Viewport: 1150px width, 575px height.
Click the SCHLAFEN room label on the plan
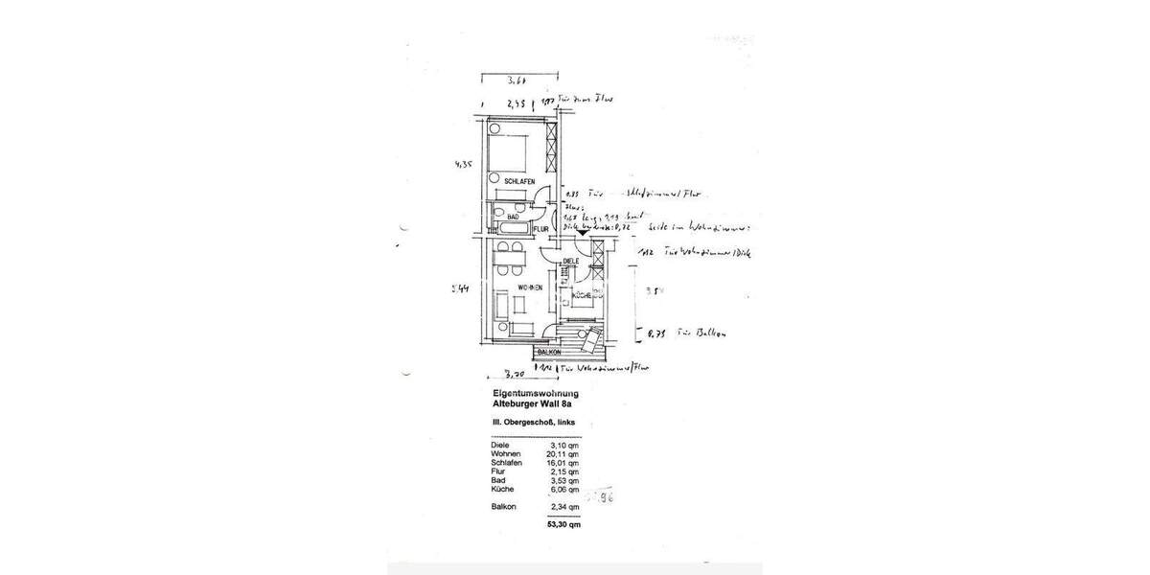coord(505,181)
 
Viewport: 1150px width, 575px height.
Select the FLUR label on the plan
coord(540,228)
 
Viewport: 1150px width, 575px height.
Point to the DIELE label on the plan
coord(571,261)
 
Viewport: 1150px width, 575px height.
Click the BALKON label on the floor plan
coord(521,353)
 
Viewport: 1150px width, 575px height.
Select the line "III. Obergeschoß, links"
coord(529,423)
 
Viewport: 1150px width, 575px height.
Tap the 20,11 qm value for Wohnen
coord(562,454)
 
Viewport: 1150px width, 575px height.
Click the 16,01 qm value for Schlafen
coord(562,463)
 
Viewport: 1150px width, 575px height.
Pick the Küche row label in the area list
coord(502,489)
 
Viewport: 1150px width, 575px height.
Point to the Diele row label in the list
coord(499,446)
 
